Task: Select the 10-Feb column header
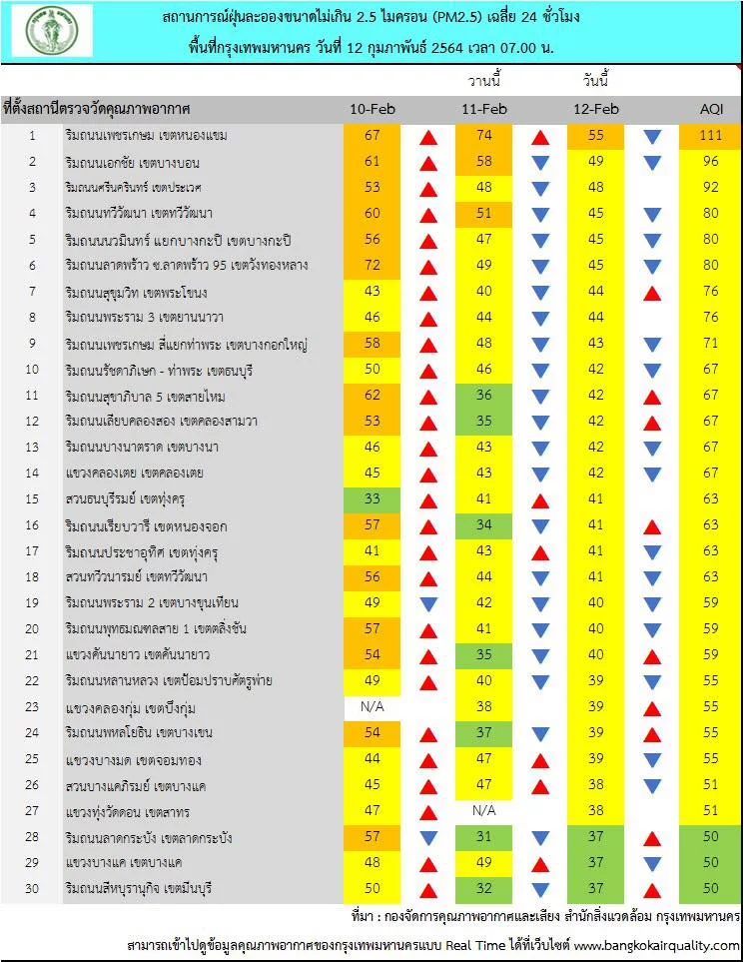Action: click(x=372, y=109)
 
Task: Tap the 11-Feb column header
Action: click(x=485, y=109)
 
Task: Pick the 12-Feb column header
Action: click(x=598, y=109)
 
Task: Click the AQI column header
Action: click(x=712, y=109)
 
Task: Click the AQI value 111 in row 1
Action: click(x=712, y=136)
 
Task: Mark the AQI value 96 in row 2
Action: click(x=712, y=162)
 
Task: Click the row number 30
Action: click(x=32, y=888)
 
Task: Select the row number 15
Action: click(x=32, y=498)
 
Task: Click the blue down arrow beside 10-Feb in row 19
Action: click(x=428, y=602)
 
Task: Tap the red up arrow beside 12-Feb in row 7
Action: click(x=652, y=292)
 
